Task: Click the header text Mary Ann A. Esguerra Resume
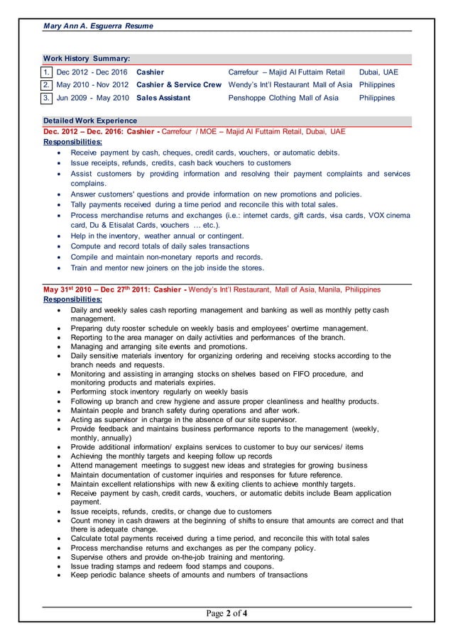coord(98,26)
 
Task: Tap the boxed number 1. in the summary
coord(47,72)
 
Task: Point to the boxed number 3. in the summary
coord(47,98)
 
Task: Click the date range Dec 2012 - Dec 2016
coord(92,72)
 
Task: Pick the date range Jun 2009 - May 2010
coord(92,98)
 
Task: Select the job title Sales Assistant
coord(163,98)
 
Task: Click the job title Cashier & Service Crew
coord(179,85)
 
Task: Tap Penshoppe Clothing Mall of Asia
coord(283,98)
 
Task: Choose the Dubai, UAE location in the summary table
coord(378,72)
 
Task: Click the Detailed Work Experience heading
coord(90,121)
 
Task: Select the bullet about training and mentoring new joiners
coord(167,267)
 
